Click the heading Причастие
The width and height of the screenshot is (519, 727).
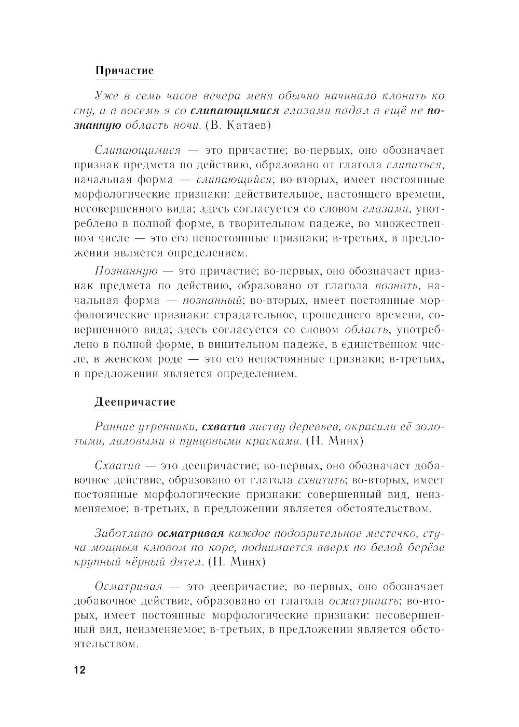[x=125, y=71]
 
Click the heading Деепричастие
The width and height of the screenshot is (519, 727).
[x=135, y=402]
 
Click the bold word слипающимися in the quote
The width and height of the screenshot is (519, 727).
[x=235, y=111]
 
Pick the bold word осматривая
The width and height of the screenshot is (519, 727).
[x=190, y=533]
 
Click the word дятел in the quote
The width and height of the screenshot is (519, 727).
[x=185, y=562]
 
